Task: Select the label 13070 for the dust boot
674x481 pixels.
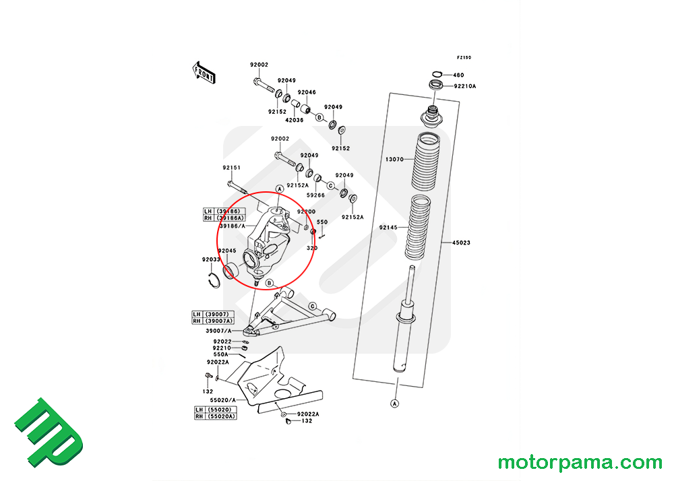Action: coord(394,159)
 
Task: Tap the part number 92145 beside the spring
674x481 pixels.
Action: coord(388,228)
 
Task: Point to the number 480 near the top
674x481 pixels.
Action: coord(458,75)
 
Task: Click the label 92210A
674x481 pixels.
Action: coord(465,86)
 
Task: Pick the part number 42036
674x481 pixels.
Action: coord(294,120)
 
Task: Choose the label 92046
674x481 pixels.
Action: coord(307,92)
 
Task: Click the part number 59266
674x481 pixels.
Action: coord(315,195)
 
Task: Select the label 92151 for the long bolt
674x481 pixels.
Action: coord(232,168)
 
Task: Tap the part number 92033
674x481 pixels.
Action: coord(210,259)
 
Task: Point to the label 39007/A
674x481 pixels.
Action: coord(218,331)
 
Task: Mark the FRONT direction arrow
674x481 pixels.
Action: coord(204,72)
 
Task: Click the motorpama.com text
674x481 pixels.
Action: coord(580,463)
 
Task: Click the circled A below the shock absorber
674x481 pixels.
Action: coord(394,404)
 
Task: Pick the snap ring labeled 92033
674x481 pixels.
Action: coord(214,279)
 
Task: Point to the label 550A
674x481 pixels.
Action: coord(221,354)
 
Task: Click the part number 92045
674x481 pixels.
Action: coord(226,251)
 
